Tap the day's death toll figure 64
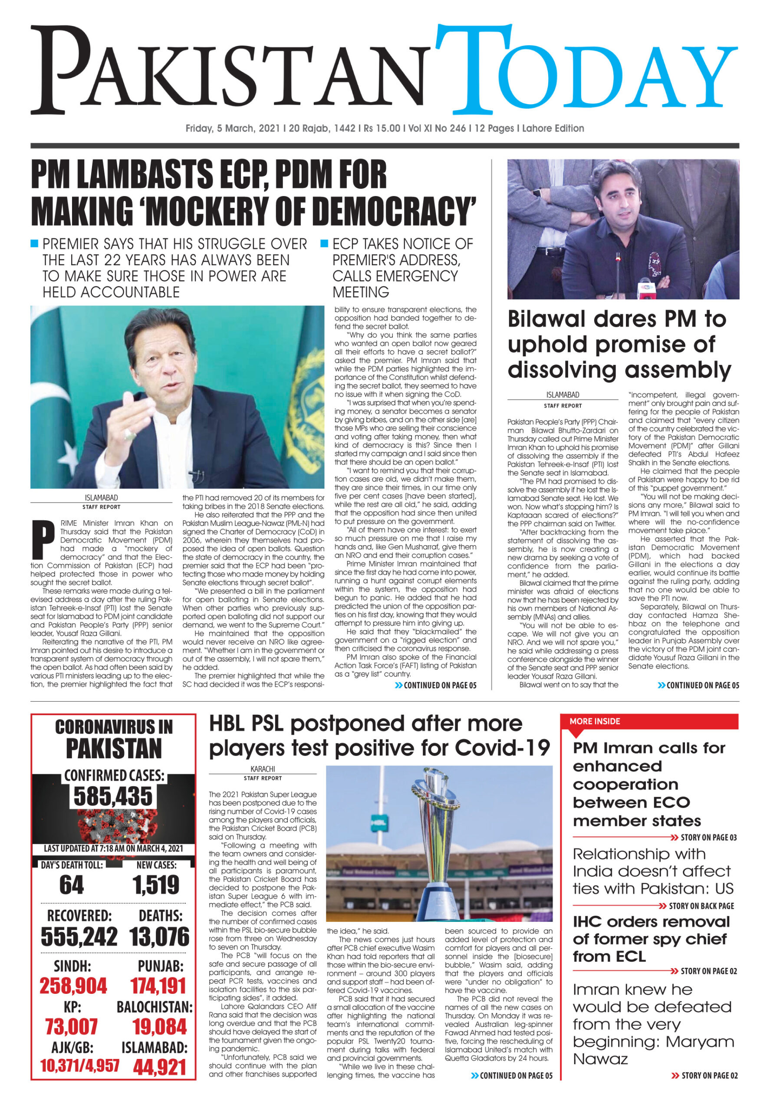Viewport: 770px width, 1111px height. tap(72, 885)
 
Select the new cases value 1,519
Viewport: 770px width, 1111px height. tap(156, 885)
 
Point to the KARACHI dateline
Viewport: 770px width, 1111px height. tap(263, 769)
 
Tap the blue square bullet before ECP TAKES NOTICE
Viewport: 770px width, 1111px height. tap(324, 243)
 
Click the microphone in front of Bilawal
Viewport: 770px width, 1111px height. tap(645, 288)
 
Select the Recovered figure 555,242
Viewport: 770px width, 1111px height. tap(79, 937)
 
